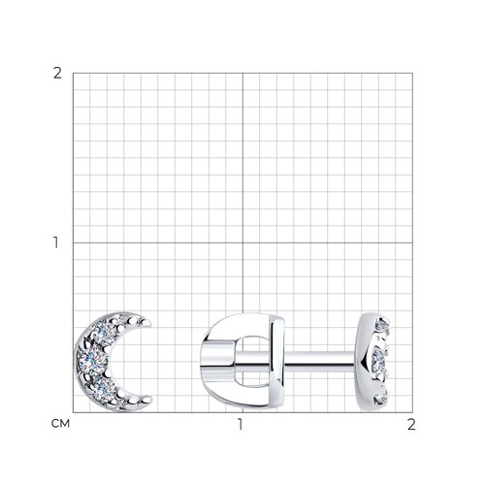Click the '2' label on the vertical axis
click(57, 74)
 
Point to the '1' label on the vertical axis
click(56, 242)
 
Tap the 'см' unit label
click(60, 424)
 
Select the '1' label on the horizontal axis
click(240, 424)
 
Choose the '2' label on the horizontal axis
click(411, 424)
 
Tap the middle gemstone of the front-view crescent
click(92, 361)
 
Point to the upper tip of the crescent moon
click(148, 322)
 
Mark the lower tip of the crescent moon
click(148, 400)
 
